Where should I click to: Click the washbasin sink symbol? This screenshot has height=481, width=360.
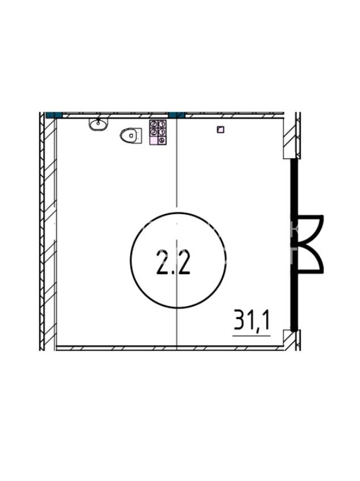point(98,124)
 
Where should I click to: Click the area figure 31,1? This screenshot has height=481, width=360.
point(251,320)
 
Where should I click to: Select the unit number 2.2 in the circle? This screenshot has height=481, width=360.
point(173,262)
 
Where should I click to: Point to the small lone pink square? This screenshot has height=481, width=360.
point(221,130)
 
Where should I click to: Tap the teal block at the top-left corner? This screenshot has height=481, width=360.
point(54,115)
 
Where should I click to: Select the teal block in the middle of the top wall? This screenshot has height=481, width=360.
point(177,115)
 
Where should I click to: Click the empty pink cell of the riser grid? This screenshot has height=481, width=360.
point(153,141)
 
